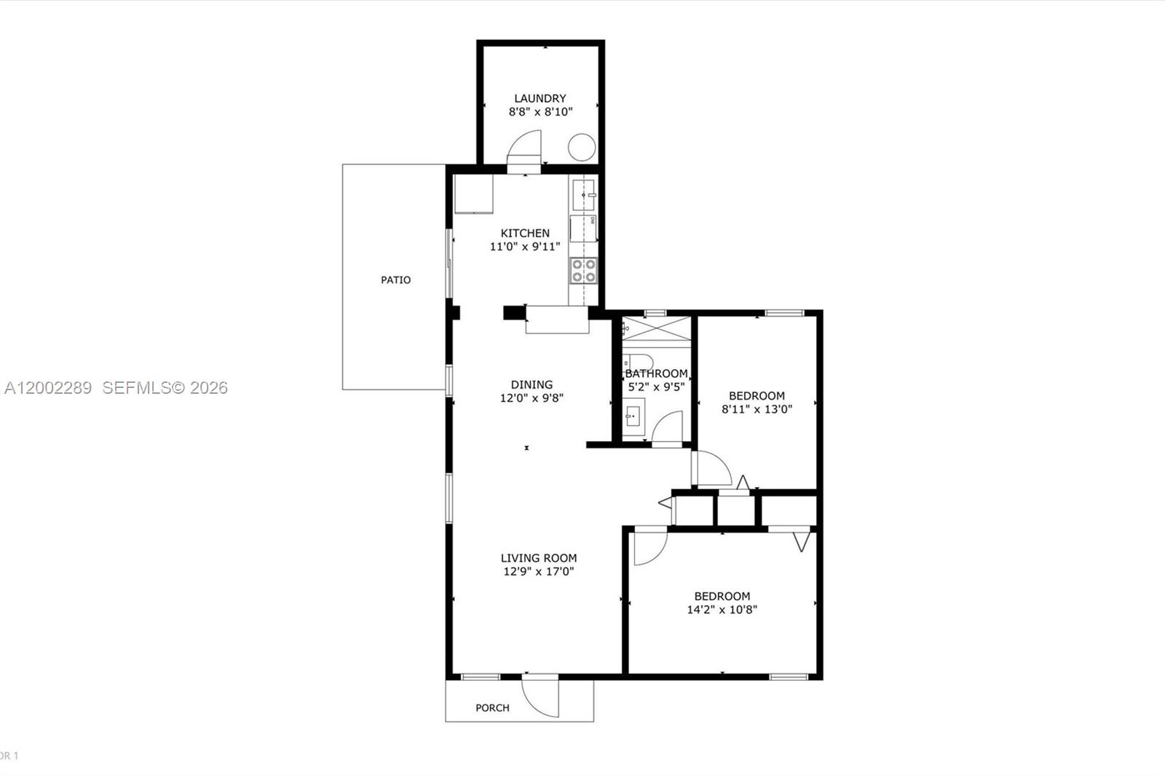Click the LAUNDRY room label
(x=540, y=98)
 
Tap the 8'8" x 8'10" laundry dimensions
(x=540, y=112)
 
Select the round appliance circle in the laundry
(x=582, y=148)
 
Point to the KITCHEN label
(x=525, y=233)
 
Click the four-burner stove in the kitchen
(x=583, y=270)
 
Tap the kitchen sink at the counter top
(x=583, y=194)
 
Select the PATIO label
(x=395, y=280)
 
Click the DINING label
(x=532, y=384)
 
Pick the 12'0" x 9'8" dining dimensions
(x=532, y=398)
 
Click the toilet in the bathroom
(x=639, y=361)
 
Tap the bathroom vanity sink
(x=632, y=417)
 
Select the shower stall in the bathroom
(x=656, y=328)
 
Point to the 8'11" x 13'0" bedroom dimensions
(x=757, y=409)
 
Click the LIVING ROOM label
(x=539, y=558)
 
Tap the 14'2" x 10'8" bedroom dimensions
(x=722, y=610)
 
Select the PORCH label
(x=492, y=708)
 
